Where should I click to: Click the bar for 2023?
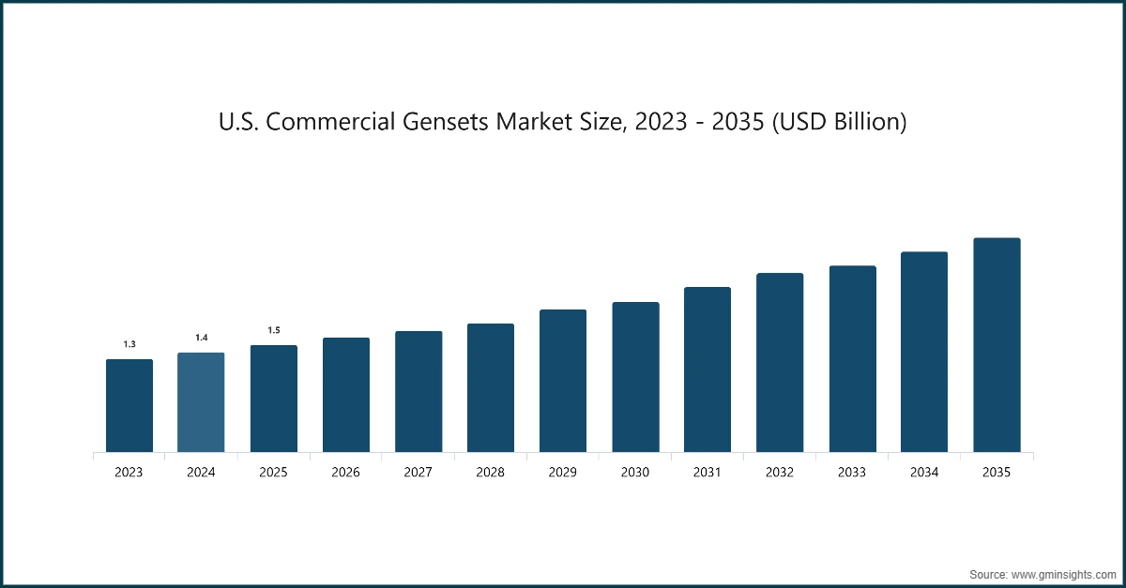coord(129,406)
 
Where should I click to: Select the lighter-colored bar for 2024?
coord(201,402)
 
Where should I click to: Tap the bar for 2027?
coord(418,392)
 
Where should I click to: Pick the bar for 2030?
coord(635,377)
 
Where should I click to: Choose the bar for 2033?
coord(852,359)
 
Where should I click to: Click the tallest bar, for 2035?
coord(997,345)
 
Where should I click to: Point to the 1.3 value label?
coord(129,344)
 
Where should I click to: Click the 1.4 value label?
coord(201,338)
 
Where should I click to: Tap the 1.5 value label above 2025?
coord(273,330)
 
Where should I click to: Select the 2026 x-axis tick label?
coord(345,473)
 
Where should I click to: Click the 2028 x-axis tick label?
coord(490,473)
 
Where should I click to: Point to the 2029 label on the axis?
coord(563,473)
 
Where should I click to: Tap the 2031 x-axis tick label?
coord(708,473)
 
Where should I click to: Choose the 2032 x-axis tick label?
coord(780,473)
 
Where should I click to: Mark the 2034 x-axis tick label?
coord(924,473)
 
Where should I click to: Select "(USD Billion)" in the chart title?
coord(837,123)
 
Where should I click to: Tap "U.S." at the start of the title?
coord(237,123)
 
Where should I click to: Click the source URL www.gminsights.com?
coord(1063,572)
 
